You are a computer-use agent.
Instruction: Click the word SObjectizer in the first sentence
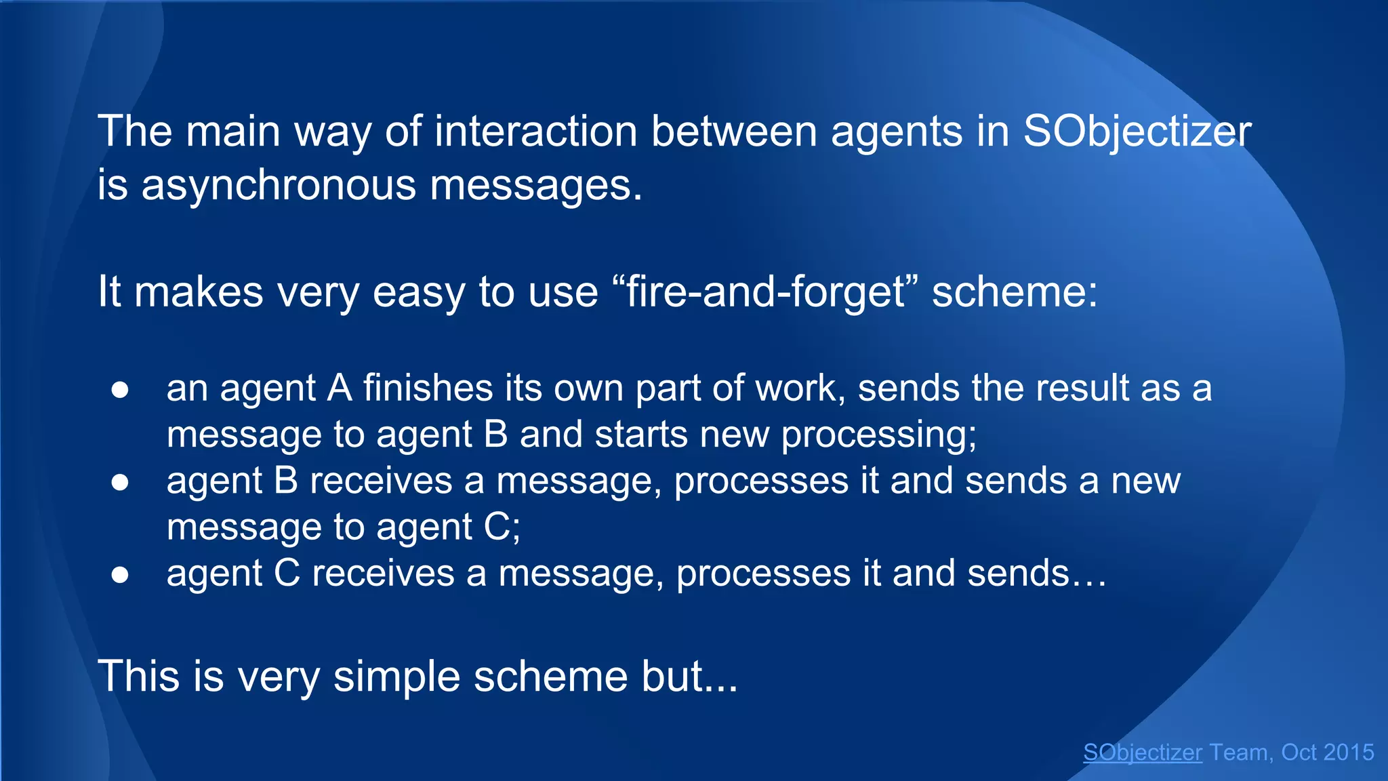pos(1137,132)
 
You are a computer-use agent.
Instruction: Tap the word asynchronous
pos(279,186)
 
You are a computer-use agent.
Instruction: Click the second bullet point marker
pos(120,482)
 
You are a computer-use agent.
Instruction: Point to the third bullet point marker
pos(120,575)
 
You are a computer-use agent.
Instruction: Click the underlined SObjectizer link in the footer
pos(1142,753)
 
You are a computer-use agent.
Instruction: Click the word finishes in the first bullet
pos(428,388)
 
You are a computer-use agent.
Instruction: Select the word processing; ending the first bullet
pos(879,435)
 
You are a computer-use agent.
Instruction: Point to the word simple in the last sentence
pos(396,677)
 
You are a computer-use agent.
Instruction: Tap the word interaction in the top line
pos(536,132)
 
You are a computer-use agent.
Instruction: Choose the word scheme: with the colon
pos(1014,292)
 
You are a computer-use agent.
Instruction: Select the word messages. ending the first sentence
pos(535,186)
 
